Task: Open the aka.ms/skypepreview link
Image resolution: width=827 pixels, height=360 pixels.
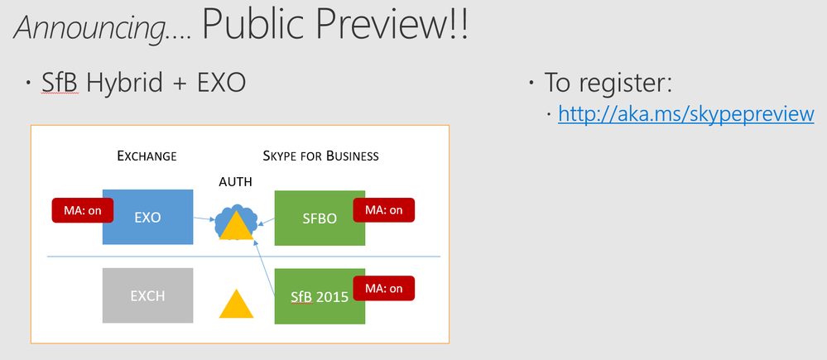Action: pyautogui.click(x=685, y=114)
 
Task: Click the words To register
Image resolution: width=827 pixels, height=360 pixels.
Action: pyautogui.click(x=608, y=84)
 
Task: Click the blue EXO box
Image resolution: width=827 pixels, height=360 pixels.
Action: pyautogui.click(x=147, y=217)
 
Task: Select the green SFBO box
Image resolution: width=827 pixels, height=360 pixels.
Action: pyautogui.click(x=320, y=218)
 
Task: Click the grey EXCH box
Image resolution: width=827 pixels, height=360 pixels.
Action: pyautogui.click(x=147, y=295)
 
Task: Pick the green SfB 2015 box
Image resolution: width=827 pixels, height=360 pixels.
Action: pyautogui.click(x=320, y=296)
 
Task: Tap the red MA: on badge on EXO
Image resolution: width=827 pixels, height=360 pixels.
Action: pyautogui.click(x=83, y=210)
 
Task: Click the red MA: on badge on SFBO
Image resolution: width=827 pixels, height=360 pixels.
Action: pyautogui.click(x=384, y=209)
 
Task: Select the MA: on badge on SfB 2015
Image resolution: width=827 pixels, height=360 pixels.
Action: pyautogui.click(x=384, y=288)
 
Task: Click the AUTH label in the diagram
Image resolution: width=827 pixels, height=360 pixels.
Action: pyautogui.click(x=235, y=182)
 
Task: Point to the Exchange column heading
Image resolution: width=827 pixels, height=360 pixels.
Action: pyautogui.click(x=147, y=156)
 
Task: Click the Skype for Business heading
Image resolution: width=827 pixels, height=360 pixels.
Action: pyautogui.click(x=320, y=156)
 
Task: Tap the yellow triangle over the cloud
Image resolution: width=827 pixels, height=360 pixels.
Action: pyautogui.click(x=236, y=227)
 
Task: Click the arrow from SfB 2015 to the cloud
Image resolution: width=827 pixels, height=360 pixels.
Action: pyautogui.click(x=265, y=268)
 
